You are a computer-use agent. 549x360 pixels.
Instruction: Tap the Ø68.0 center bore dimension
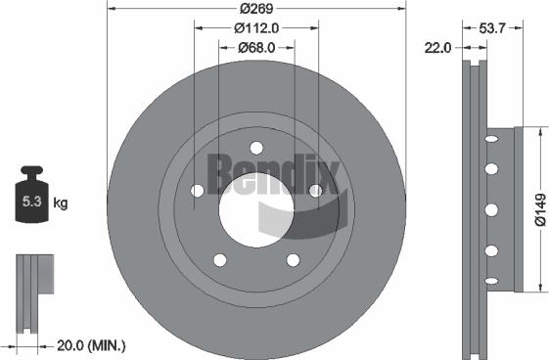(x=255, y=46)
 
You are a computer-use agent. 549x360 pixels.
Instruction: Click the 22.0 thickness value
(x=437, y=46)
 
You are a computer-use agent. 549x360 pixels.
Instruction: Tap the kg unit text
(x=60, y=203)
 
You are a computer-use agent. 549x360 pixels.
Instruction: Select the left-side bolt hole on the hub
(x=197, y=191)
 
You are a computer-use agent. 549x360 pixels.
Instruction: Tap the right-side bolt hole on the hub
(x=314, y=191)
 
